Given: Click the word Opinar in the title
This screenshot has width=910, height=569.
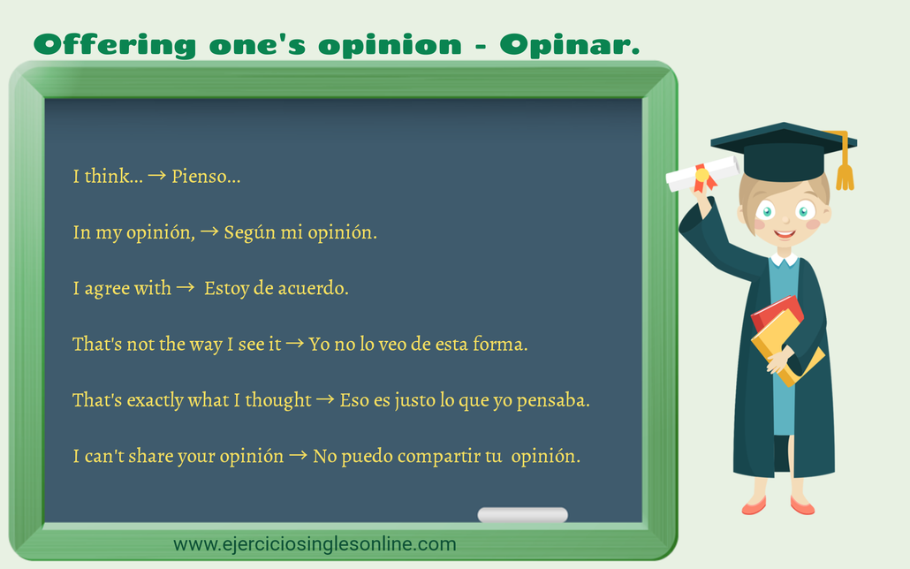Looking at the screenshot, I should pyautogui.click(x=569, y=44).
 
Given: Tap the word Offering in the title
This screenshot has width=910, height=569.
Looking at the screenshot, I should pyautogui.click(x=114, y=44).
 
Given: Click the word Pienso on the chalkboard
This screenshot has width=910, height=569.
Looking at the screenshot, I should pyautogui.click(x=202, y=177).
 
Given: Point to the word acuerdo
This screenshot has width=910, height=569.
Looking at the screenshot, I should pyautogui.click(x=313, y=289).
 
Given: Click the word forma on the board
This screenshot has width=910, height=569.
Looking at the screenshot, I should pyautogui.click(x=501, y=345).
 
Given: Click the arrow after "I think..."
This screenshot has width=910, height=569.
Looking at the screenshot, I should pyautogui.click(x=156, y=177).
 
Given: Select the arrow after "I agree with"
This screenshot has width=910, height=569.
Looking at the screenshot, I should pyautogui.click(x=185, y=289).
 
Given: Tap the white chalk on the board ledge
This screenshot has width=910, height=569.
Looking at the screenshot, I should pyautogui.click(x=522, y=514).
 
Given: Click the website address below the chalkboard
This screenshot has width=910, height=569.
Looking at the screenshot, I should pyautogui.click(x=315, y=543).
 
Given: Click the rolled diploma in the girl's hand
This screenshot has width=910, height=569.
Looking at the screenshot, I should pyautogui.click(x=702, y=174).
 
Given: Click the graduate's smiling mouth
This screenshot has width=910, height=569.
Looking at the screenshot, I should pyautogui.click(x=785, y=234).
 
